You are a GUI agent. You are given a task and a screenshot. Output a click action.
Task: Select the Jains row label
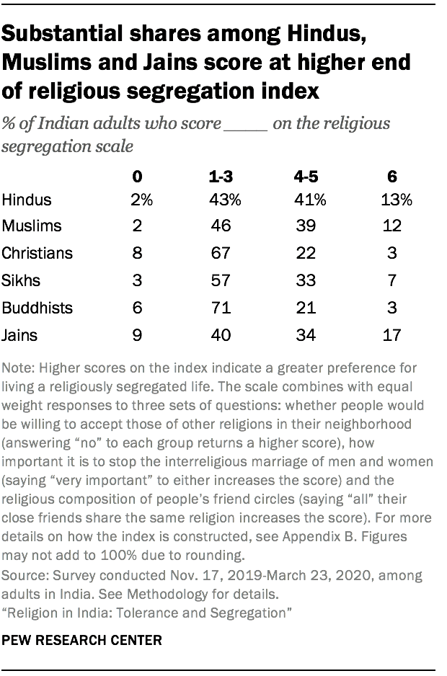tap(19, 335)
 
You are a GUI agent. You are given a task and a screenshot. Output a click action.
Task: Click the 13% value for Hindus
tap(396, 200)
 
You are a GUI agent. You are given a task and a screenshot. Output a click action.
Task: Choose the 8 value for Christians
tap(137, 254)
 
